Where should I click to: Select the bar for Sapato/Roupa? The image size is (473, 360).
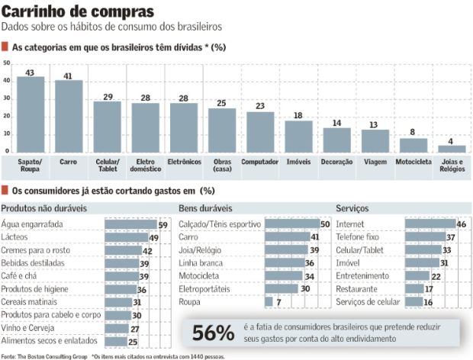[x=31, y=116]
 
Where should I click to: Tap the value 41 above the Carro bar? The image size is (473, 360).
[x=69, y=76]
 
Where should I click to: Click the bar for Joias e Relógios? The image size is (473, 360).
[x=452, y=149]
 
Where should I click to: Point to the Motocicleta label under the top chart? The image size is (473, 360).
[x=413, y=162]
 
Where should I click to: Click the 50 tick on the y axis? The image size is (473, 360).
[x=7, y=63]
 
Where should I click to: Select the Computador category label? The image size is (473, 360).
[x=260, y=162]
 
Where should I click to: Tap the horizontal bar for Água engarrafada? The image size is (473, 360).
[x=130, y=224]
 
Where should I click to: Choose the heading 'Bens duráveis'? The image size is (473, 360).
[x=205, y=208]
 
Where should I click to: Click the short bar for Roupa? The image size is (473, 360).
[x=269, y=302]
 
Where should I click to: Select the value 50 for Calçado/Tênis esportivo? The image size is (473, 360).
[x=324, y=224]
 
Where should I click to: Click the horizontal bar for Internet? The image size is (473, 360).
[x=430, y=224]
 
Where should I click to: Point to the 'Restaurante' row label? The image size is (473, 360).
[x=357, y=289]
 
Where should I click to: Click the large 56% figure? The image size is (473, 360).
[x=213, y=333]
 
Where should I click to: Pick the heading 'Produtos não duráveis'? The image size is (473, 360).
[x=43, y=208]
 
